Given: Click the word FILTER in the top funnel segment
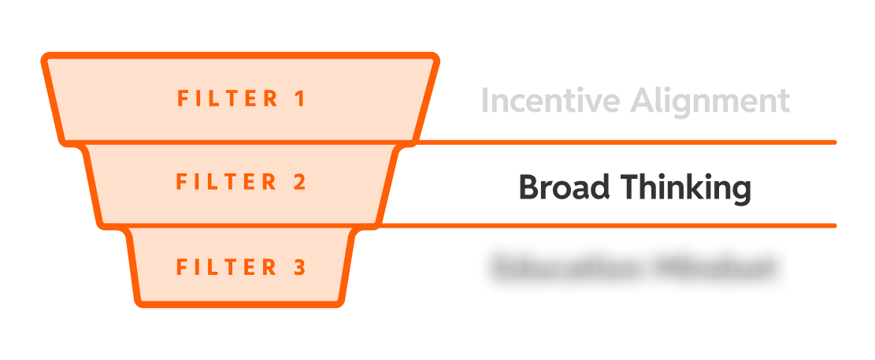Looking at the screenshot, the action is [x=228, y=99].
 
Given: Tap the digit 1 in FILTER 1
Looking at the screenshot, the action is [x=299, y=99].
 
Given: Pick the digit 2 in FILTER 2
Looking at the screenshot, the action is [x=299, y=182].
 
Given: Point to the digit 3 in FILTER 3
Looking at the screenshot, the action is [x=299, y=267].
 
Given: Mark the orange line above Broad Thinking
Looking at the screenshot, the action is [x=630, y=143].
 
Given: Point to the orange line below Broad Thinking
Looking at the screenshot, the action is [x=630, y=226].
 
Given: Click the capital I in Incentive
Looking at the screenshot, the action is [x=485, y=102].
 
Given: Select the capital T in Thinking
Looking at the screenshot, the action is [x=629, y=187].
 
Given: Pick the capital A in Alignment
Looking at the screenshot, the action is [x=644, y=102].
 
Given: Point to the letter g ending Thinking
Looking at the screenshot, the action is [x=740, y=192].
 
